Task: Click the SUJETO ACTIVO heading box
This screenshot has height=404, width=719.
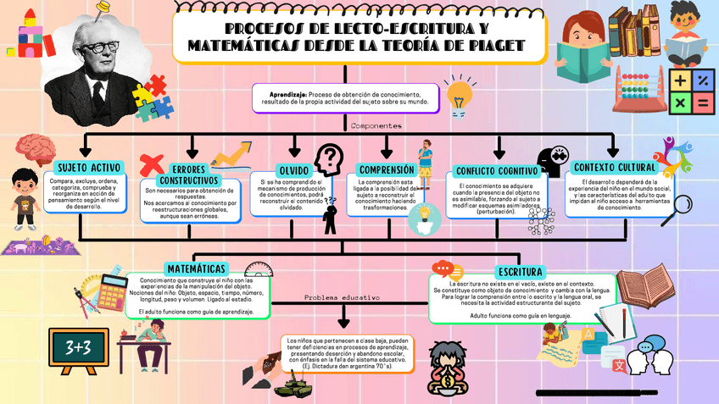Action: click(89, 167)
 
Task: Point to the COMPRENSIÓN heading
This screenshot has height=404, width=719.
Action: click(386, 169)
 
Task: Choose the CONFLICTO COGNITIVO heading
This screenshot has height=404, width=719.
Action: click(497, 170)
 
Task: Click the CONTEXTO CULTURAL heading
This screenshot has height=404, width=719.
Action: click(613, 167)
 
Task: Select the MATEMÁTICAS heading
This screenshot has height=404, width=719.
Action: click(196, 268)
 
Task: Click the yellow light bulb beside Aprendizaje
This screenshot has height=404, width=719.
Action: click(459, 96)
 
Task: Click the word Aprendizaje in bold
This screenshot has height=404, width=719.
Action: click(287, 93)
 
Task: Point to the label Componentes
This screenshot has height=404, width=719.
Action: click(376, 125)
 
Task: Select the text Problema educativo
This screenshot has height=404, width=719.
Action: click(343, 298)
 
